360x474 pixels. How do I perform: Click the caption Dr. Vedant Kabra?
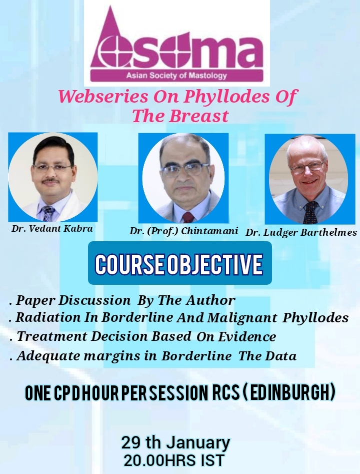click(x=52, y=228)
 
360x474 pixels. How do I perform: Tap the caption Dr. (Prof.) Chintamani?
click(x=183, y=231)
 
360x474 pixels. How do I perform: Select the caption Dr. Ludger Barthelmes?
click(x=301, y=232)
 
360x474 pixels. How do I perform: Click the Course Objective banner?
click(x=179, y=263)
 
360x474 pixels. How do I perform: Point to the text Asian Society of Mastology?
click(x=176, y=75)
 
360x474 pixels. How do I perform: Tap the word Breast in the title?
click(x=198, y=116)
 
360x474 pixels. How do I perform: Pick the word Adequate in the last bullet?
click(x=48, y=356)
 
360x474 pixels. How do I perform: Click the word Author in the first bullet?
click(x=210, y=300)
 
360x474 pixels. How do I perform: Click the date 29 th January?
click(x=175, y=442)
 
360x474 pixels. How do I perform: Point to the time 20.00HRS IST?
click(x=174, y=460)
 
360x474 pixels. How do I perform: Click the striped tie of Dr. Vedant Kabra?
click(x=48, y=213)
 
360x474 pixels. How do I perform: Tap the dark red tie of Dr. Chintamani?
click(x=188, y=217)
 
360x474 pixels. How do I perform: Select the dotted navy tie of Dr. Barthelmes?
click(x=310, y=213)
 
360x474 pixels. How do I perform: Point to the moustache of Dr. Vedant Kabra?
click(x=50, y=181)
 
